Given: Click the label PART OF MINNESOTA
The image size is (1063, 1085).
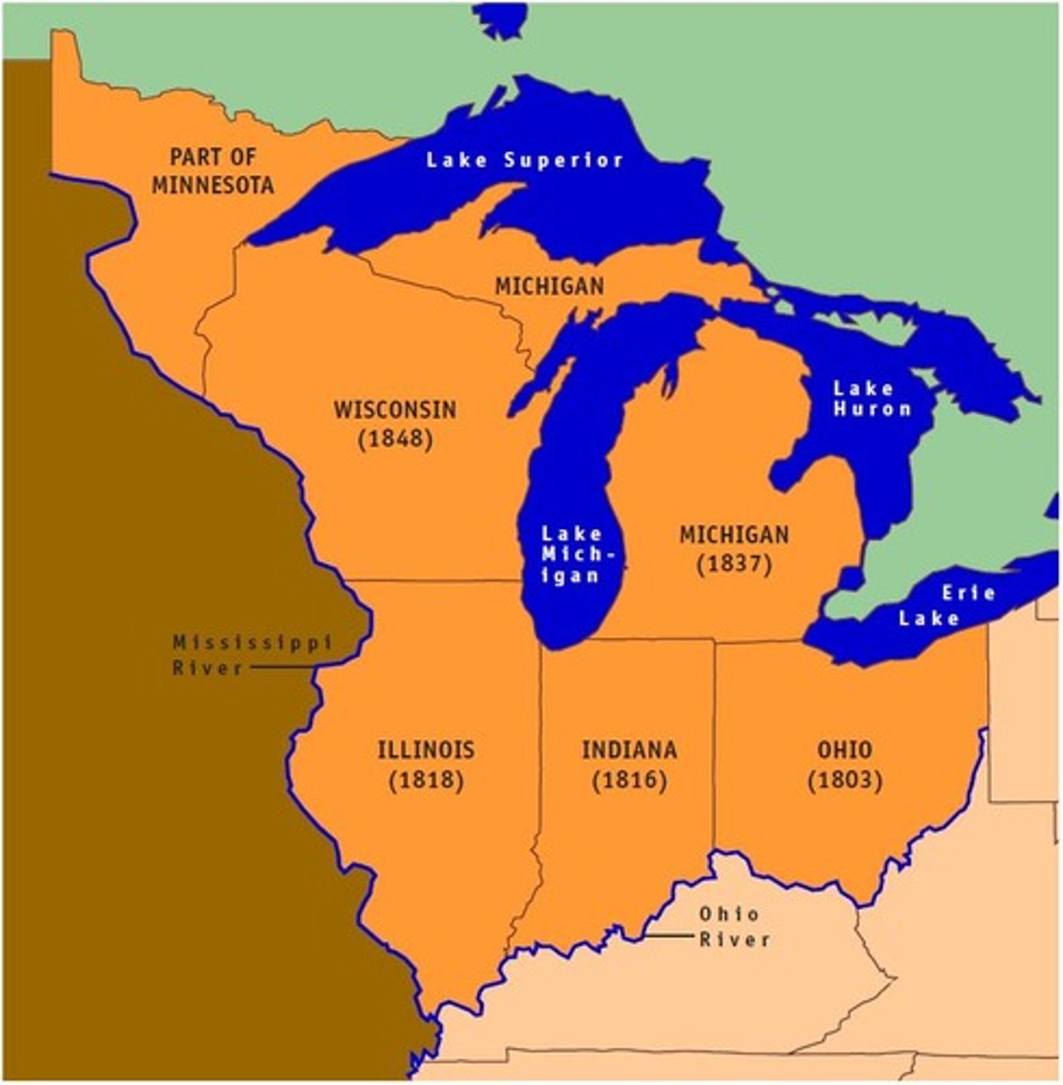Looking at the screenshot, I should click(x=212, y=171).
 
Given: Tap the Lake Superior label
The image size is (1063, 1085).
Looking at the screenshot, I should click(x=525, y=161).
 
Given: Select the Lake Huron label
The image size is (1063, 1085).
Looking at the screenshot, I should click(x=871, y=399).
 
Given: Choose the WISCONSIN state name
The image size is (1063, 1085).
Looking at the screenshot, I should click(x=395, y=410).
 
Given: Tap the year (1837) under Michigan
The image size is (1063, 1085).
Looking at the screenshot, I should click(x=734, y=564).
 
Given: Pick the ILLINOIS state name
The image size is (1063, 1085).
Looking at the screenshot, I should click(x=426, y=750).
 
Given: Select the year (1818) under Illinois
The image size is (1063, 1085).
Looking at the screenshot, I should click(x=426, y=779).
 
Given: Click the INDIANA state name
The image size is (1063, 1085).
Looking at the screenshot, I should click(x=629, y=750).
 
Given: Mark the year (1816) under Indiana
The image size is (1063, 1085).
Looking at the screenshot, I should click(x=629, y=779).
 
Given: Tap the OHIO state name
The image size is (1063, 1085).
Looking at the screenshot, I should click(x=845, y=750).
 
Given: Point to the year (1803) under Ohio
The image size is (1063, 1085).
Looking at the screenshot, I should click(x=845, y=779).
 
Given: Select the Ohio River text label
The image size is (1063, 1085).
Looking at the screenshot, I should click(x=734, y=927).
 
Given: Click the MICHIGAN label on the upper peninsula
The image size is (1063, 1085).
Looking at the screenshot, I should click(x=549, y=287).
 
